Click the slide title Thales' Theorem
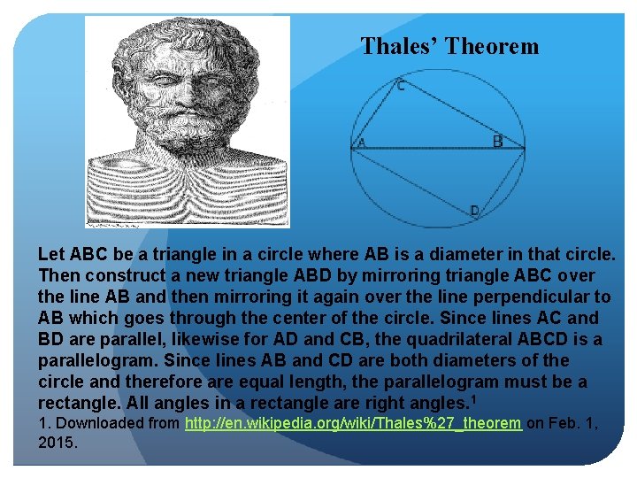[x=449, y=47]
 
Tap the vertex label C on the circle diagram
[x=401, y=86]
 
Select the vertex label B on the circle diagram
[x=498, y=141]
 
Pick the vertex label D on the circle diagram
[x=474, y=211]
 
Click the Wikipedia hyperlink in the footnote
[x=353, y=423]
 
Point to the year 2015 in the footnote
[x=58, y=442]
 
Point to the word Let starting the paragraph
[x=52, y=254]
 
